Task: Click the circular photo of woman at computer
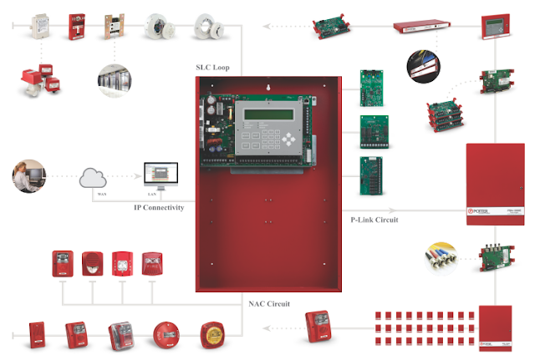(29, 177)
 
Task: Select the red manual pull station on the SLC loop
(78, 26)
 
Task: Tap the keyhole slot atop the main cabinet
(267, 85)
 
